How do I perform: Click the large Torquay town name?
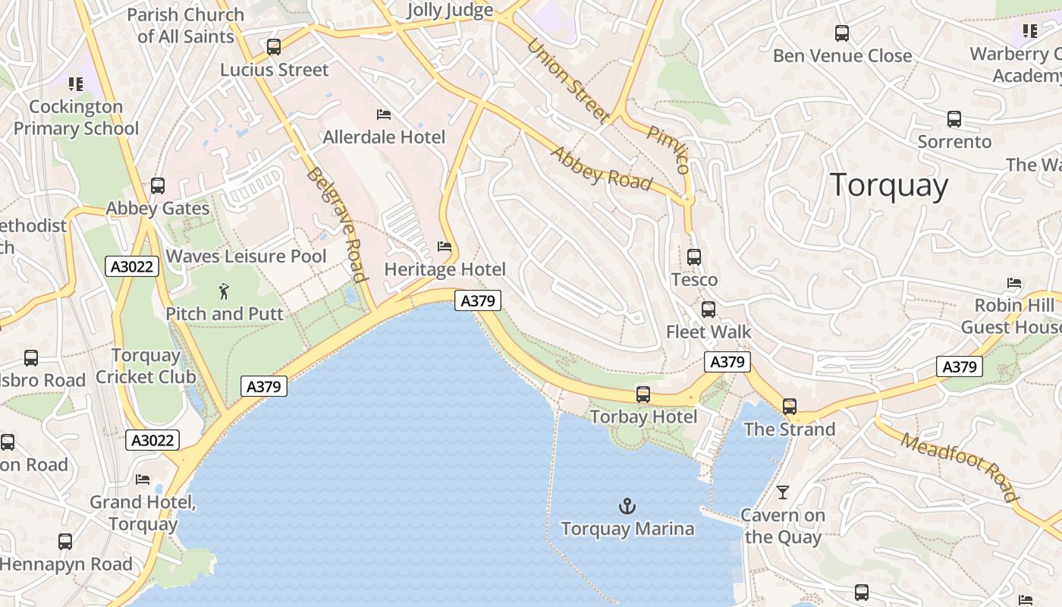[888, 185]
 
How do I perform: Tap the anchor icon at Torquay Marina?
[627, 506]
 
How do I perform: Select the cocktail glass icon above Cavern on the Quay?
[782, 492]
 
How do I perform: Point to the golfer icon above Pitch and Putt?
[224, 291]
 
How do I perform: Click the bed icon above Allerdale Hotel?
[384, 115]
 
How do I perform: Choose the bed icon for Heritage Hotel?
[445, 247]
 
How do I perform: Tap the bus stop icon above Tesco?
[693, 257]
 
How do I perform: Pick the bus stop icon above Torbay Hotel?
[643, 395]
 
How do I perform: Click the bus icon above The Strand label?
[790, 407]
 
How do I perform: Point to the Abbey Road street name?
[601, 168]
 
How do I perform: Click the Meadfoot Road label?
[960, 467]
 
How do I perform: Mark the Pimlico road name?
[668, 149]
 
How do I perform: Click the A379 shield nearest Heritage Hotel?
[478, 300]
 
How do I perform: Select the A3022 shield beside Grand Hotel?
[152, 440]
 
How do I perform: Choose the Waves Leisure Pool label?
[246, 256]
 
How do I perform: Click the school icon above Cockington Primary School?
[75, 84]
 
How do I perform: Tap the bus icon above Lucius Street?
[274, 47]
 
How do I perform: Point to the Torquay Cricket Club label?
[146, 366]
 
